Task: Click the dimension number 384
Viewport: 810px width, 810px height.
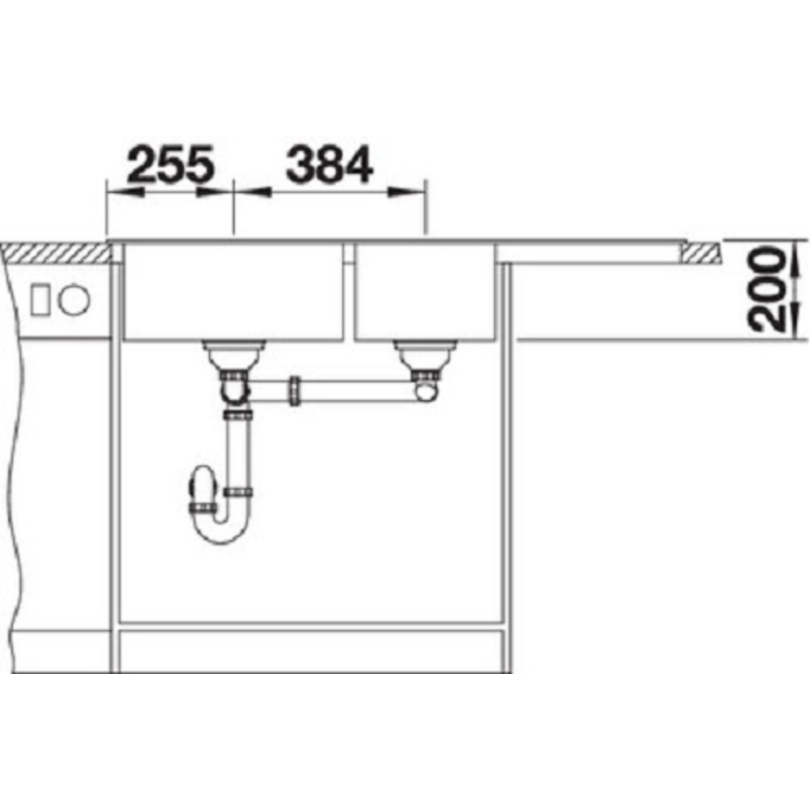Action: pyautogui.click(x=329, y=164)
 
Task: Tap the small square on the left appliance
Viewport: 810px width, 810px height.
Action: pyautogui.click(x=40, y=300)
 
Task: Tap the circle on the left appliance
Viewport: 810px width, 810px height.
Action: pyautogui.click(x=74, y=300)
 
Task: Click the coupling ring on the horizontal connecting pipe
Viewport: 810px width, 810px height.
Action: pyautogui.click(x=294, y=391)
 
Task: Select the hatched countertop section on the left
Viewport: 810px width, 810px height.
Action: pyautogui.click(x=57, y=253)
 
